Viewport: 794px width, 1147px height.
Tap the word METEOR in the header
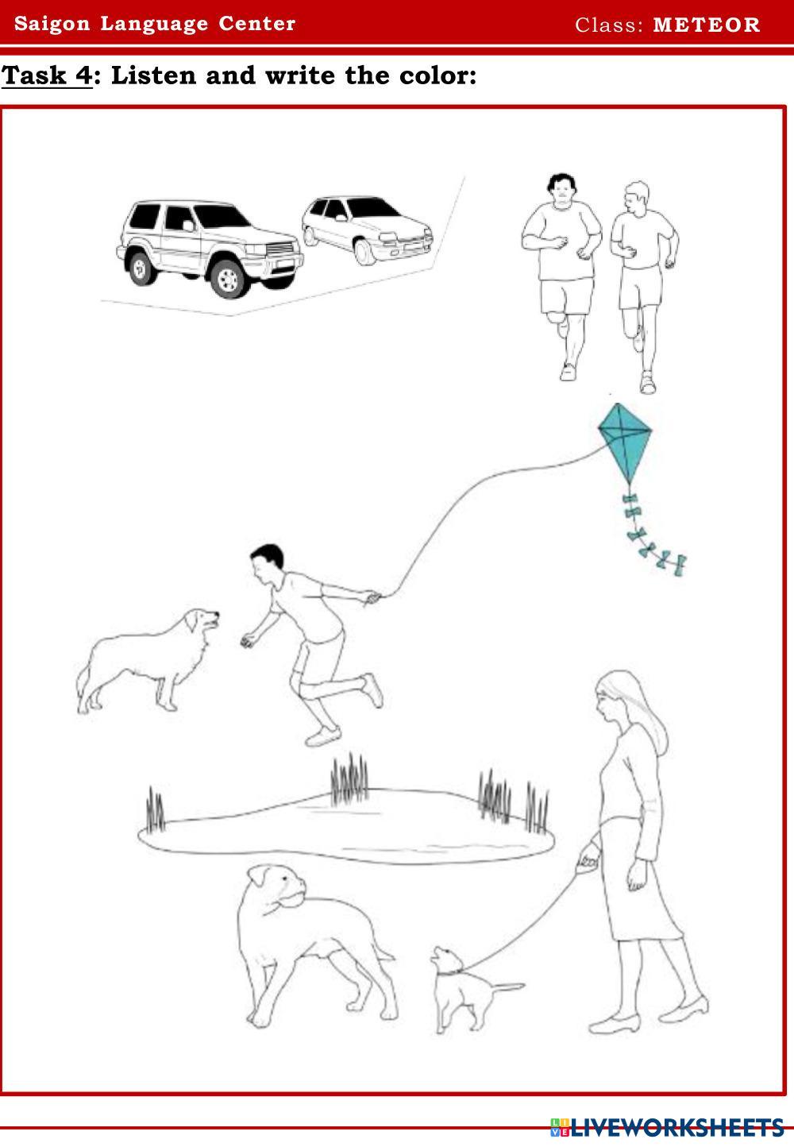[707, 25]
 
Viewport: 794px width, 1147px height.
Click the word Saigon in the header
[52, 24]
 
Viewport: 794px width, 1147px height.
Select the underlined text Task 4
[47, 75]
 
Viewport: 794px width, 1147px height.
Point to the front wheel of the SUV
[228, 278]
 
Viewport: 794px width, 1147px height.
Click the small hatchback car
[367, 230]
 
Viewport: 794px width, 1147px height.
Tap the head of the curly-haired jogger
[561, 188]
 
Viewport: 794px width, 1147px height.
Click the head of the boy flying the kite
[268, 563]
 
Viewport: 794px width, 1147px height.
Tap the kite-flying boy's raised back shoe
[372, 690]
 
